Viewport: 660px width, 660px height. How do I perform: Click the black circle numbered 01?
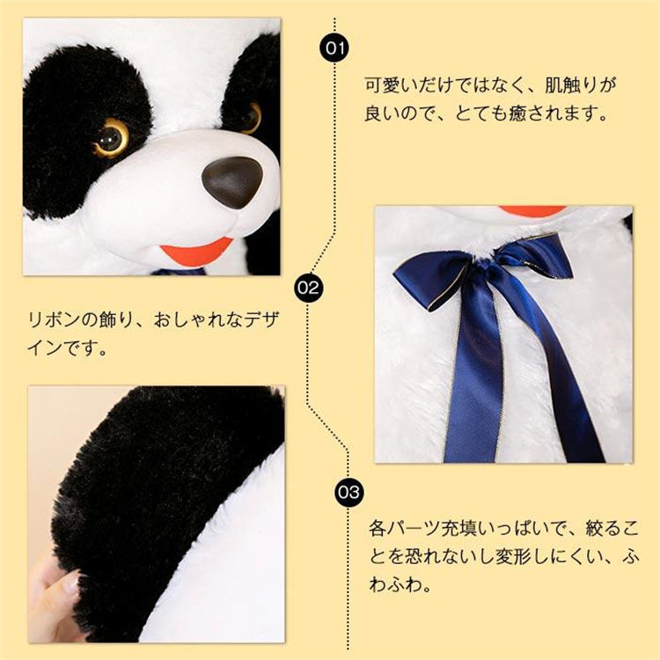pyautogui.click(x=334, y=48)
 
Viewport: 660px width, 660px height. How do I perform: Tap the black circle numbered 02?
pyautogui.click(x=308, y=288)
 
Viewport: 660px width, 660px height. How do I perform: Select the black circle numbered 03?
pyautogui.click(x=348, y=492)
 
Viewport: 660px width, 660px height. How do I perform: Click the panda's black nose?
pyautogui.click(x=232, y=182)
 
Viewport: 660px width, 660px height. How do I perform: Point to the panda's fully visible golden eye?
pyautogui.click(x=111, y=136)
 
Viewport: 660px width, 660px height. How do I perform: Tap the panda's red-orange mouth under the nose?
pyautogui.click(x=194, y=252)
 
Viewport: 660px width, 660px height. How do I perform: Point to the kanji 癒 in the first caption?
pyautogui.click(x=517, y=114)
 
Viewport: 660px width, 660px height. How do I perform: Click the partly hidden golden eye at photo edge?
pyautogui.click(x=252, y=117)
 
